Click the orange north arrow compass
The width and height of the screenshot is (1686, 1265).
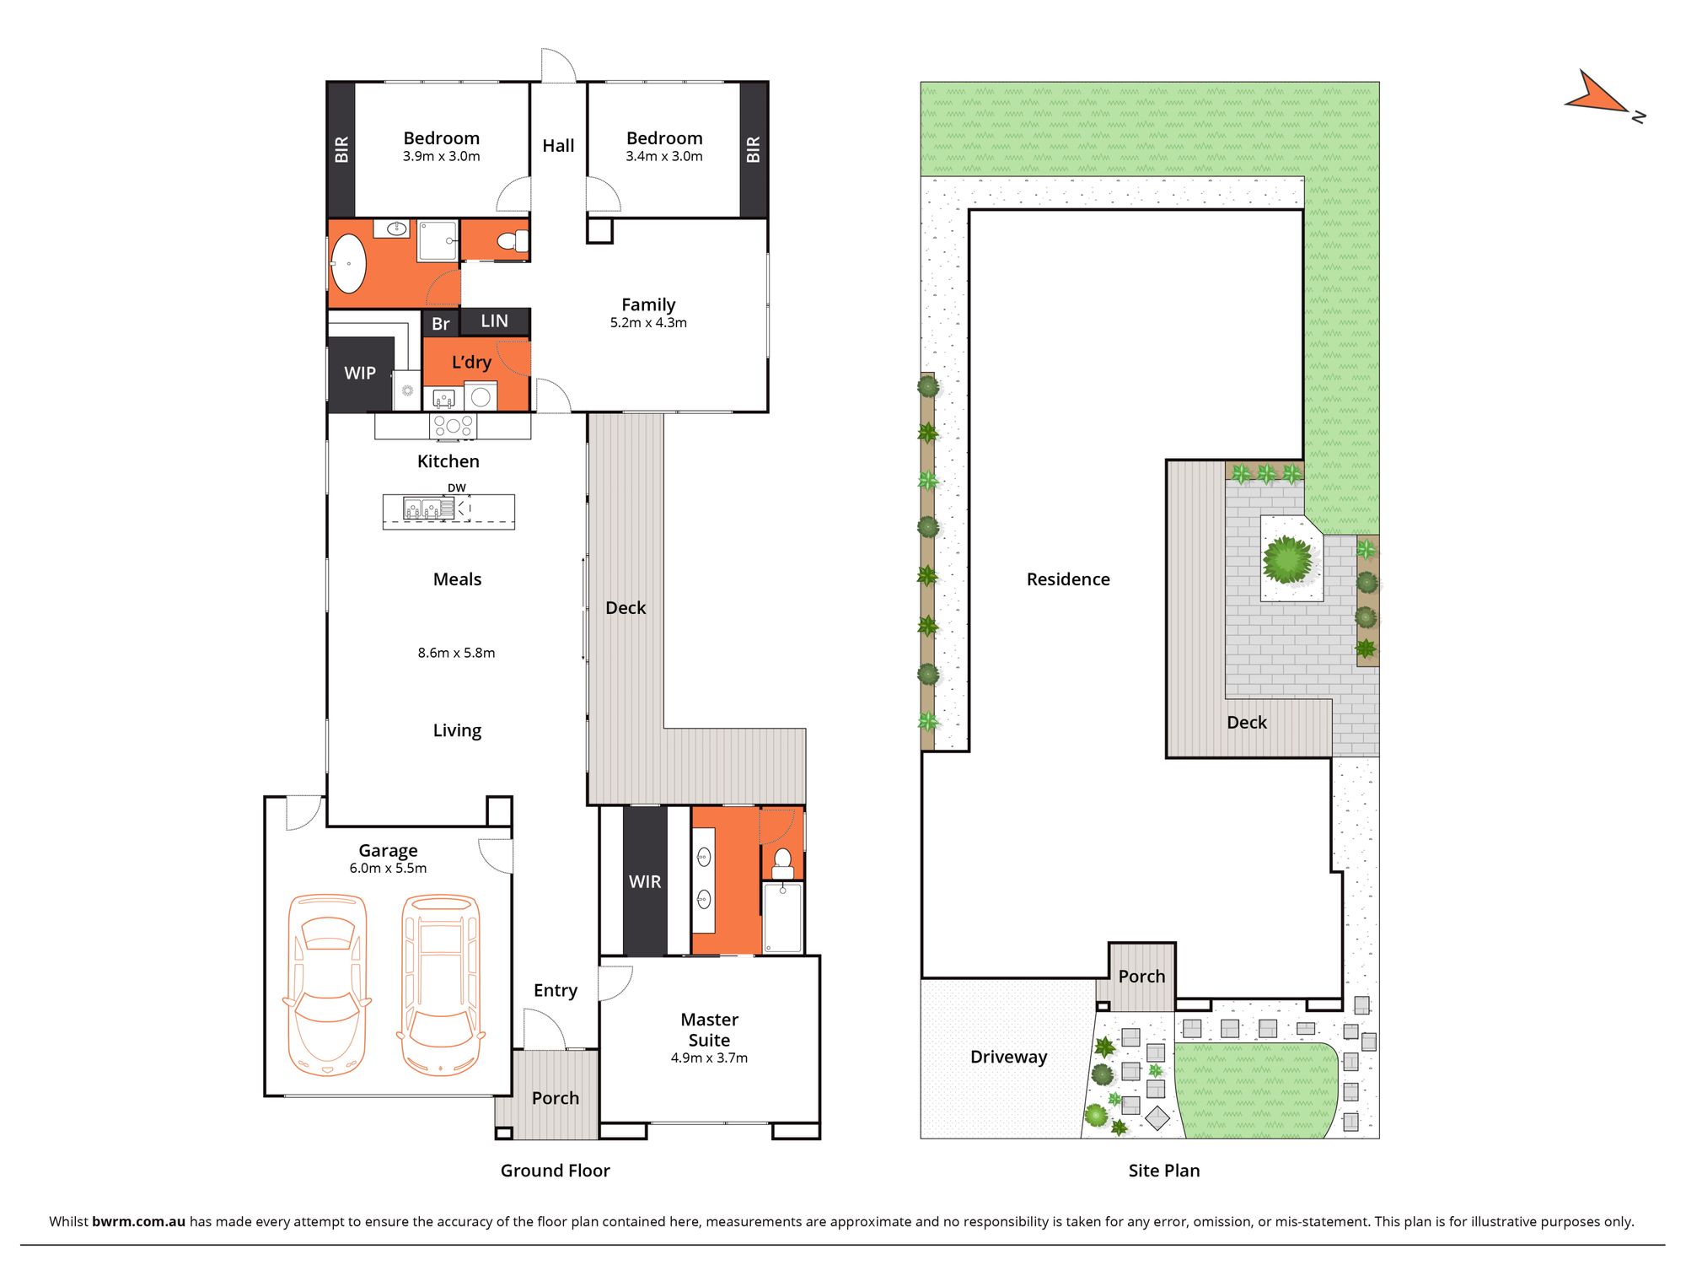[1596, 95]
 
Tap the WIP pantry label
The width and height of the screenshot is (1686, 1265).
[360, 373]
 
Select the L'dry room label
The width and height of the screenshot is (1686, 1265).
[471, 363]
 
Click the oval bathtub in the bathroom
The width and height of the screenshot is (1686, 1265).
[348, 263]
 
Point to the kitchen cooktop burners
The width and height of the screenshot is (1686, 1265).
[453, 426]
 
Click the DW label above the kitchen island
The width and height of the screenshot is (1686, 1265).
[456, 488]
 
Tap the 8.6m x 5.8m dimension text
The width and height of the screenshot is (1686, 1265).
[456, 653]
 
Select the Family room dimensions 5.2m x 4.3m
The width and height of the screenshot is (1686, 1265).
[648, 323]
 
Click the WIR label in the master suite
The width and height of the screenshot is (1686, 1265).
[645, 881]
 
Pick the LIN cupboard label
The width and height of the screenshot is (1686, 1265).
[495, 321]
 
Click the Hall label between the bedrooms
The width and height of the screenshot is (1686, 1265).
[558, 146]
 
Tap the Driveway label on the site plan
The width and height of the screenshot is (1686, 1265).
[1008, 1057]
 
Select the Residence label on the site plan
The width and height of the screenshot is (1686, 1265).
[1068, 579]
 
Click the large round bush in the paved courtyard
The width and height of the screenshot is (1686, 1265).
[1287, 559]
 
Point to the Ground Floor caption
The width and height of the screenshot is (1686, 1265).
[555, 1171]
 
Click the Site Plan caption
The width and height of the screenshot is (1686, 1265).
[1163, 1171]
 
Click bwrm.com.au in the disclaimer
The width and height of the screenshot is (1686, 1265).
[138, 1221]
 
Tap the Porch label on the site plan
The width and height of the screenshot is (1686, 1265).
[1141, 977]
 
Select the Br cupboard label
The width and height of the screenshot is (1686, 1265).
[440, 324]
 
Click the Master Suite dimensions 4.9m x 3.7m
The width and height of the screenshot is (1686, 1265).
[709, 1058]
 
